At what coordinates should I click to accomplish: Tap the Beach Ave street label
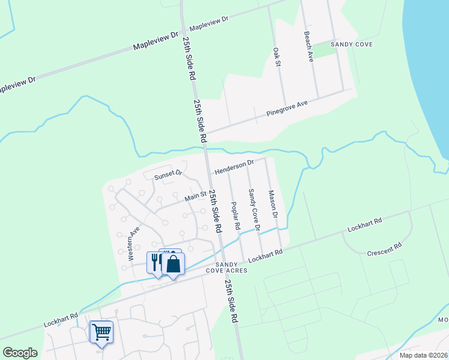click(x=309, y=47)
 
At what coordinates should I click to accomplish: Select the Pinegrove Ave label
click(x=287, y=108)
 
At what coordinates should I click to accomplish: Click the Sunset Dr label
click(x=167, y=175)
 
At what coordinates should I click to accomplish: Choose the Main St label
click(x=195, y=195)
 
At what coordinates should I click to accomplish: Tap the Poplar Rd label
click(x=235, y=216)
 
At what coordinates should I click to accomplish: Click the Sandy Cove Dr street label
click(x=253, y=209)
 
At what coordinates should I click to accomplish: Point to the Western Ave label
click(x=134, y=243)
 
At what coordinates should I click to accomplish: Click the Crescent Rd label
click(x=384, y=248)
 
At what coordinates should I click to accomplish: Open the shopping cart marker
click(x=101, y=331)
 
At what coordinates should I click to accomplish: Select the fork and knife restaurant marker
click(x=155, y=262)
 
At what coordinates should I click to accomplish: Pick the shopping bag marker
click(x=173, y=263)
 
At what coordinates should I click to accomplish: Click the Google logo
click(x=20, y=353)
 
